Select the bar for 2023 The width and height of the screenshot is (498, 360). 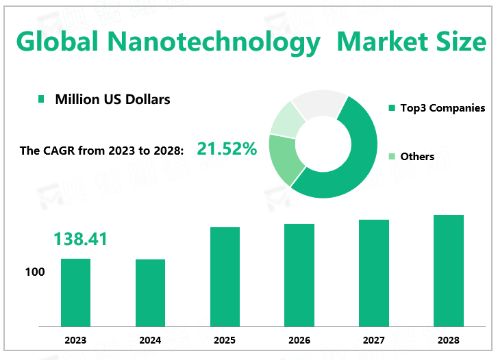coord(75,292)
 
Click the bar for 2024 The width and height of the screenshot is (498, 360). coord(150,292)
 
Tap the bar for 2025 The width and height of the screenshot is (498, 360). coord(225,276)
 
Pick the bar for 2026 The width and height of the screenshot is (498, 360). coord(299,274)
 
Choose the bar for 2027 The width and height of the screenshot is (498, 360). coord(374,272)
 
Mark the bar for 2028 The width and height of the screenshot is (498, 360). coord(449,270)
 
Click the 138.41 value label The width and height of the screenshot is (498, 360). coord(81,239)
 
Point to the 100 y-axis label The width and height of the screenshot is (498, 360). coord(35,272)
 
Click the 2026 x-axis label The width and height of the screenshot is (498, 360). coord(299,340)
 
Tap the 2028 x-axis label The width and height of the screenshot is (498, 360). coord(449,340)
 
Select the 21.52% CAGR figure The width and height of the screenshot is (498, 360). coord(227,149)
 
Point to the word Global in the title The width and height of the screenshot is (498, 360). coord(56,42)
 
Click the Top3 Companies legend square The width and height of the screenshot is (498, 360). coord(393,108)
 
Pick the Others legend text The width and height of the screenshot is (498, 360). coord(417,157)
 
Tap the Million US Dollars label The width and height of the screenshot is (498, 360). coord(113,99)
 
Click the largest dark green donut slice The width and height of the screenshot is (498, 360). coord(356,164)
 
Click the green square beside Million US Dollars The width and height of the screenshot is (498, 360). coord(41,100)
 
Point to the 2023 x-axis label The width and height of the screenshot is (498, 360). coord(75,340)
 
